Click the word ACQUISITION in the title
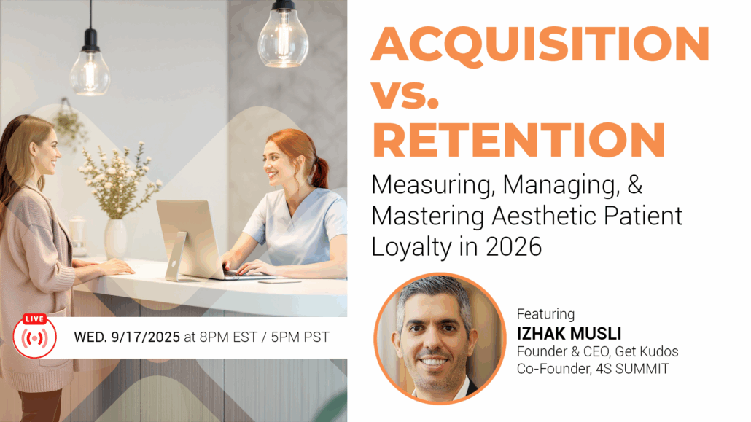pos(540,44)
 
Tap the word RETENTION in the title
pos(518,140)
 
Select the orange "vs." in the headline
pos(405,93)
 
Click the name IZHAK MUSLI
pos(569,333)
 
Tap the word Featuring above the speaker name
pos(545,313)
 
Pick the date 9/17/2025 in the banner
pos(146,337)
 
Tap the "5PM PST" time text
pos(300,337)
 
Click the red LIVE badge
pos(34,319)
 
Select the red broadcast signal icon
pos(34,338)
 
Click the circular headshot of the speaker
pos(439,338)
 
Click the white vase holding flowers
pos(115,239)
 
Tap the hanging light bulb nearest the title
pos(284,36)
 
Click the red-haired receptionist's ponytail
pos(320,173)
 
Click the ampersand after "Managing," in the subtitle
pos(634,184)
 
